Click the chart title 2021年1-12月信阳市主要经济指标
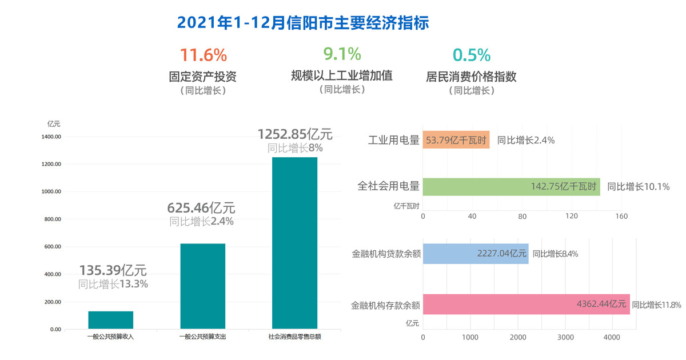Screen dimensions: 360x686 click(303, 23)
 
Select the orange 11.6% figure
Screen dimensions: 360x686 click(204, 55)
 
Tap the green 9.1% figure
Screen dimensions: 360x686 click(342, 54)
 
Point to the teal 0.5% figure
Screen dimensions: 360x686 click(472, 55)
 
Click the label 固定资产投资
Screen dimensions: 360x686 click(203, 77)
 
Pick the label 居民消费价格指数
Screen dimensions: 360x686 click(472, 77)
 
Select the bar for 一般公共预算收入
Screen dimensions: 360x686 click(111, 320)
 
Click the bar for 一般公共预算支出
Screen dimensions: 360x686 click(202, 286)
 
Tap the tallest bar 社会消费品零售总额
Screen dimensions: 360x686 click(294, 243)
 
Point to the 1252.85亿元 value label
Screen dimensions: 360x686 click(295, 134)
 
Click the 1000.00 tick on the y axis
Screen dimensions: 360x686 click(51, 192)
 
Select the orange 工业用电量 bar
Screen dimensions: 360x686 click(456, 140)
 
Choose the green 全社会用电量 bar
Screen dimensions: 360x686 click(511, 186)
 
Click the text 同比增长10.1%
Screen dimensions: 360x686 click(638, 186)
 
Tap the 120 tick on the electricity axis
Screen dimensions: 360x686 click(572, 217)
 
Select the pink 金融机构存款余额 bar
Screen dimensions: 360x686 click(526, 305)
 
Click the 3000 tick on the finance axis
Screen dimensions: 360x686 click(565, 338)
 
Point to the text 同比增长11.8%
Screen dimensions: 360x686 click(656, 305)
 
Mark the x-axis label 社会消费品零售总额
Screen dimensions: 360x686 click(294, 337)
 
